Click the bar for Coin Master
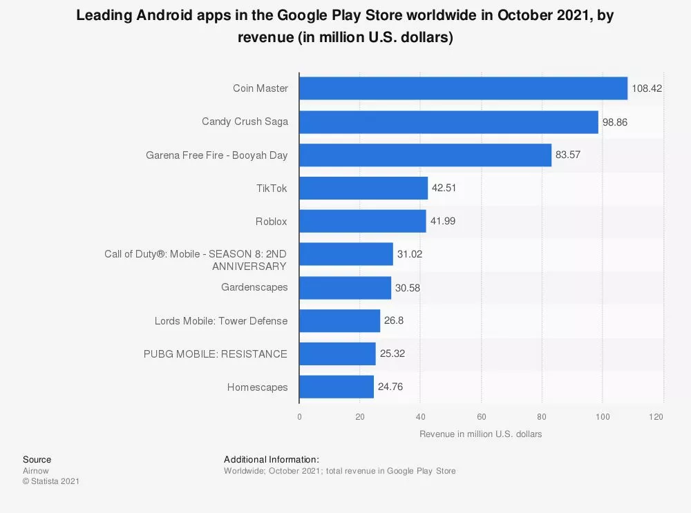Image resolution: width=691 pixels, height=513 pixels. (x=463, y=88)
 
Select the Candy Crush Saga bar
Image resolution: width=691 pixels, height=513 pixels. (x=448, y=122)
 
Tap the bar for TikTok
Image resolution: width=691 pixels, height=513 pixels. (x=363, y=188)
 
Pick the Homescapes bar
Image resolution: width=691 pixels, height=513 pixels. (x=337, y=387)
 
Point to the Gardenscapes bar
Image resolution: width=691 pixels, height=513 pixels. (x=345, y=287)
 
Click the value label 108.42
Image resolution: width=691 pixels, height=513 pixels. (x=647, y=88)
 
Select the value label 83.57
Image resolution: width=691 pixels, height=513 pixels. (x=568, y=155)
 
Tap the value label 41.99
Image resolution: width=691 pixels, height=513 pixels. (x=442, y=221)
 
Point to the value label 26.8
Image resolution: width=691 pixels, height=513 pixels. (x=394, y=320)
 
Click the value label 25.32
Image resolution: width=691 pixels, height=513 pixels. (x=392, y=354)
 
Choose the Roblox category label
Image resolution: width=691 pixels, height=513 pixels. (x=271, y=221)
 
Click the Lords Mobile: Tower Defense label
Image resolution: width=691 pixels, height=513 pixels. (x=221, y=320)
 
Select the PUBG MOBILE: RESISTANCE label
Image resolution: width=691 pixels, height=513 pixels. (x=216, y=354)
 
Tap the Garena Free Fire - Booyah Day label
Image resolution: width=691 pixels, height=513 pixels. (x=216, y=155)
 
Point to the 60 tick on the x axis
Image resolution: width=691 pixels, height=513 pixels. (x=481, y=417)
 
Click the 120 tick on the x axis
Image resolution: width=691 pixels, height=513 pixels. (x=656, y=417)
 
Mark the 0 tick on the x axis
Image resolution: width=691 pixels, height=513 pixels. (x=299, y=417)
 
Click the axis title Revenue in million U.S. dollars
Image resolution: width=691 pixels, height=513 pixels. (x=480, y=434)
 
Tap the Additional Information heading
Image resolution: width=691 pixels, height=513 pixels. (x=272, y=459)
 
